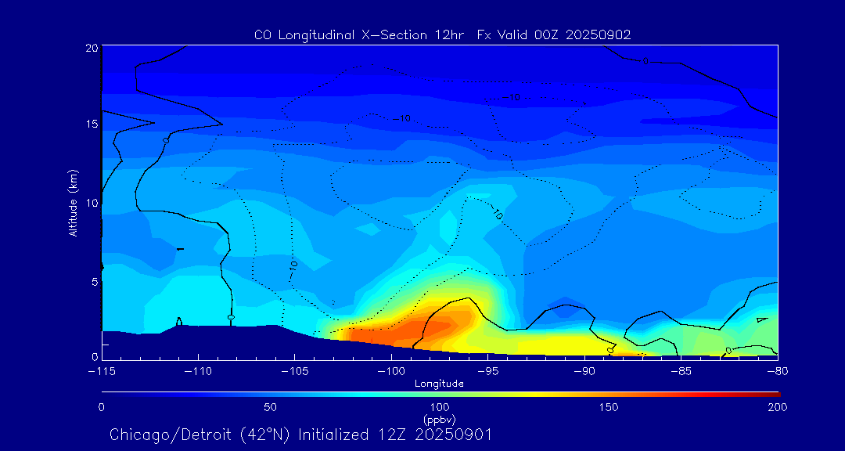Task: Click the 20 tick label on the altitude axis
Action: [91, 48]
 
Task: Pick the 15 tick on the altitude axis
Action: [91, 125]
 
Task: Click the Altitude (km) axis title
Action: [74, 203]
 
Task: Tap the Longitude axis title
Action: [439, 384]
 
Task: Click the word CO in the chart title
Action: [263, 34]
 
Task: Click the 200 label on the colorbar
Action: [777, 407]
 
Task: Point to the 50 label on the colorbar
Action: [271, 407]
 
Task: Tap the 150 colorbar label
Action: [608, 407]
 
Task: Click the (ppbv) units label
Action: [439, 419]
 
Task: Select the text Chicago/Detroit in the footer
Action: [164, 435]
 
